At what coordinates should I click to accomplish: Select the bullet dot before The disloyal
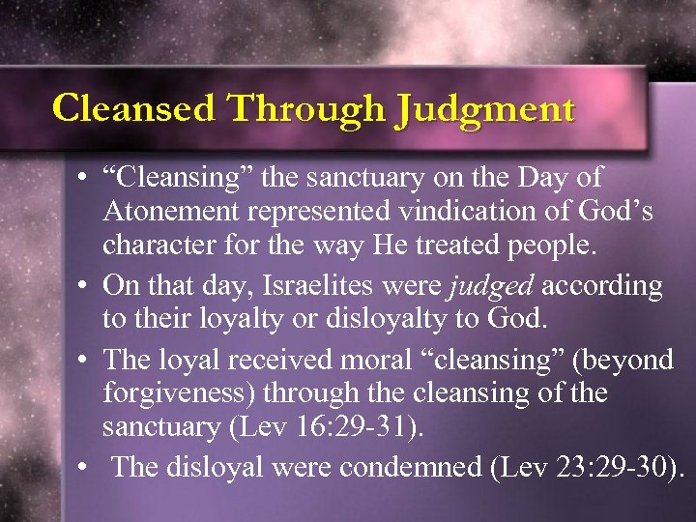coord(86,470)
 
